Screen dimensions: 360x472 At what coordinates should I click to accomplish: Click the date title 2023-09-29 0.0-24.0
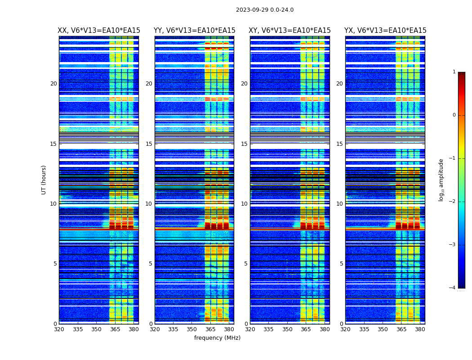265,10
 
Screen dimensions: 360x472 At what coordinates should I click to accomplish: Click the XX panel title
99,31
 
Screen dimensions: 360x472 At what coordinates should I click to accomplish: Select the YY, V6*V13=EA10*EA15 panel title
194,31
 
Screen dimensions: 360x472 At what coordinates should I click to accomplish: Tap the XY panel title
290,31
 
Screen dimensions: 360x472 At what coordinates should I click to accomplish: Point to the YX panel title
385,31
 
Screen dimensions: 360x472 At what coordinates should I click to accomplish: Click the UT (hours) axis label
44,180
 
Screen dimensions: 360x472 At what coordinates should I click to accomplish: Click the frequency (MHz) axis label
217,338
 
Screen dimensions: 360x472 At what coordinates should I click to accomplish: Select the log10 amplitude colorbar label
441,180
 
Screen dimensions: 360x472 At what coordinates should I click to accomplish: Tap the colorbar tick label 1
454,72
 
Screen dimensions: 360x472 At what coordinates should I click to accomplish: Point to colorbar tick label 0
454,115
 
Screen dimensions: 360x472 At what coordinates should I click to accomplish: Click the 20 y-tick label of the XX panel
53,84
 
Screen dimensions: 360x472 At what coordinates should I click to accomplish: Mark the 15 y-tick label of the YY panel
149,144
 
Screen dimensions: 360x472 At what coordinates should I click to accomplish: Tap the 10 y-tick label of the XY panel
244,204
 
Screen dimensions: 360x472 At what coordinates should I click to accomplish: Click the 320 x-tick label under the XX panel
59,329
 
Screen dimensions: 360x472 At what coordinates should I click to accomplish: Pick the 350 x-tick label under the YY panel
192,329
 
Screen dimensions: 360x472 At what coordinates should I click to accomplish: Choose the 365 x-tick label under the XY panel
306,329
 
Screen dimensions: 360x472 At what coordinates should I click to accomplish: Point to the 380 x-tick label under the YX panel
420,329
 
